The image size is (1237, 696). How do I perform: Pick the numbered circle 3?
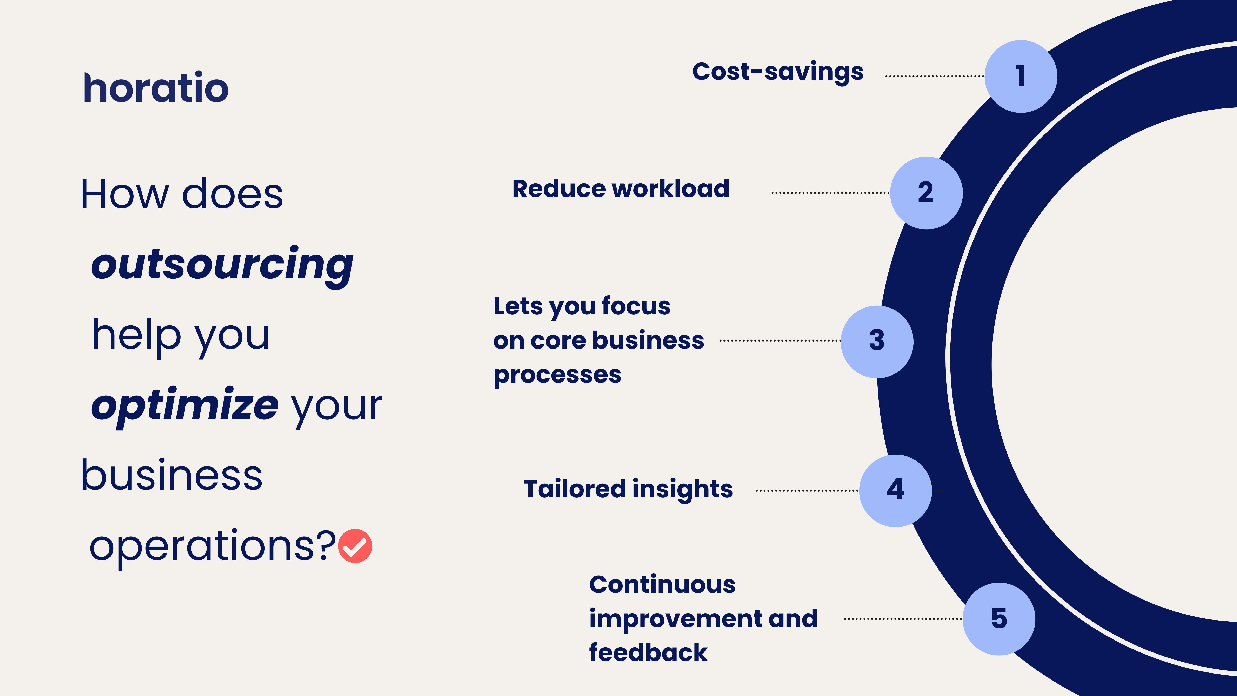click(877, 342)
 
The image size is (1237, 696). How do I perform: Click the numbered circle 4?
click(896, 490)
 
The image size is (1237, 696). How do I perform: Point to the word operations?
click(212, 547)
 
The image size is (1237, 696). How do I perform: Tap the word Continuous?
click(662, 585)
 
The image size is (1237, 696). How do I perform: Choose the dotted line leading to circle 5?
click(903, 619)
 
